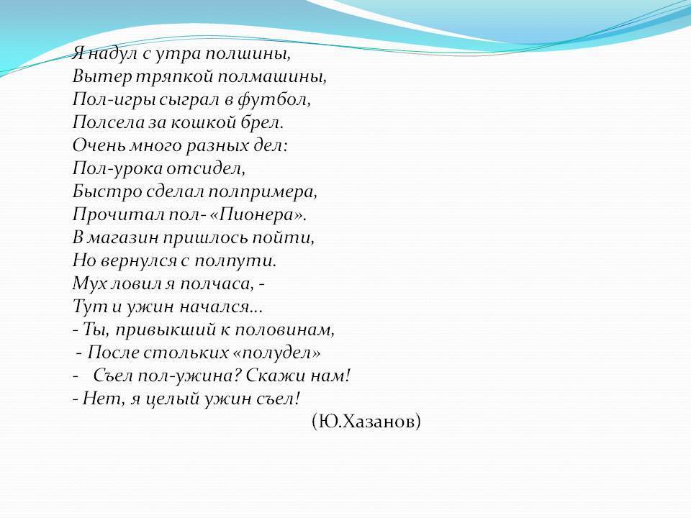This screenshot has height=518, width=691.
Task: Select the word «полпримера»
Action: coord(262,192)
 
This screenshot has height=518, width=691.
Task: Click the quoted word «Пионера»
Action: coord(256,215)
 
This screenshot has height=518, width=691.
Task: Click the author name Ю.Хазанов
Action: coord(366,422)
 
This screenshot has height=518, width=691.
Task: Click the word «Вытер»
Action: coord(102,78)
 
